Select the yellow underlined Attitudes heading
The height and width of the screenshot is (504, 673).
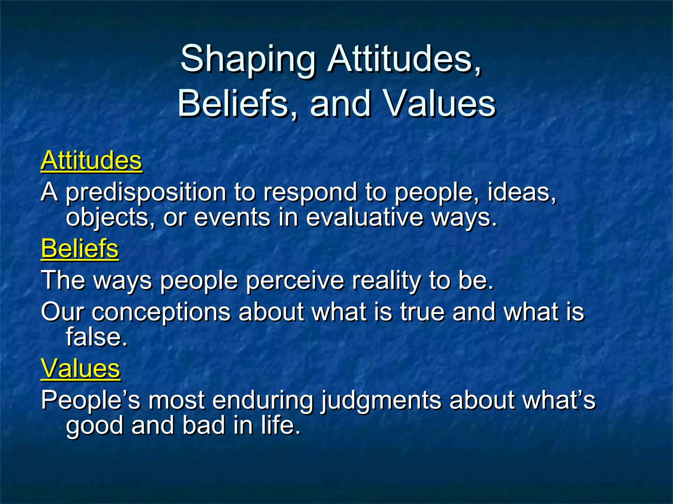coord(91,160)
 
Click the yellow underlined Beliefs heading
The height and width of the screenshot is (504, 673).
coord(80,249)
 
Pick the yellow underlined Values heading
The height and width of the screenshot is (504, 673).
coord(81,368)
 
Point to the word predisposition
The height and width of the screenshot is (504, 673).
coord(146,193)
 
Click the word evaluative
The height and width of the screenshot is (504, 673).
coord(364,218)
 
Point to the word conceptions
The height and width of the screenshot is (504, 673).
coord(161,312)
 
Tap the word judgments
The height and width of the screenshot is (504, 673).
coord(381,401)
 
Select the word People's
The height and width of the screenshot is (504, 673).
coord(91,401)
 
